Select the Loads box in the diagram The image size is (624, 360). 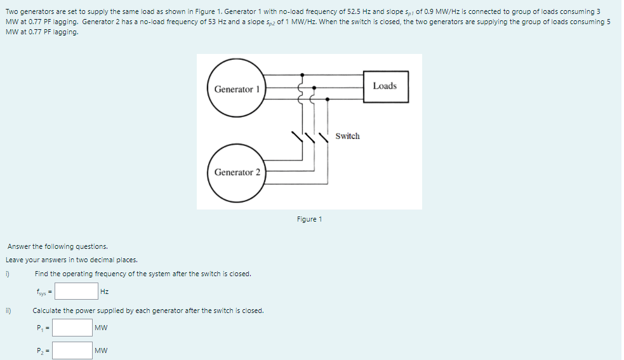pos(385,86)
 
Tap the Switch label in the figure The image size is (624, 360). pos(347,136)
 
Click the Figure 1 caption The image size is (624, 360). pos(309,219)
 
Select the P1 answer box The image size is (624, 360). pos(72,328)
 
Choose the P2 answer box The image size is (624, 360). pos(72,350)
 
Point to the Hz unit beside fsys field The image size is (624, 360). pos(105,291)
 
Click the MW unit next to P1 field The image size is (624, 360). pos(101,328)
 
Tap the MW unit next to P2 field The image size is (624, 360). pos(101,350)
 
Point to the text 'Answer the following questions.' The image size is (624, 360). pos(57,246)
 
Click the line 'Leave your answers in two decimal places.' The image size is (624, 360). pos(71,260)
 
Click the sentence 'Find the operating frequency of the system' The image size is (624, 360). pos(143,274)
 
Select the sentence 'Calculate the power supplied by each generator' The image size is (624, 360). pos(148,310)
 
